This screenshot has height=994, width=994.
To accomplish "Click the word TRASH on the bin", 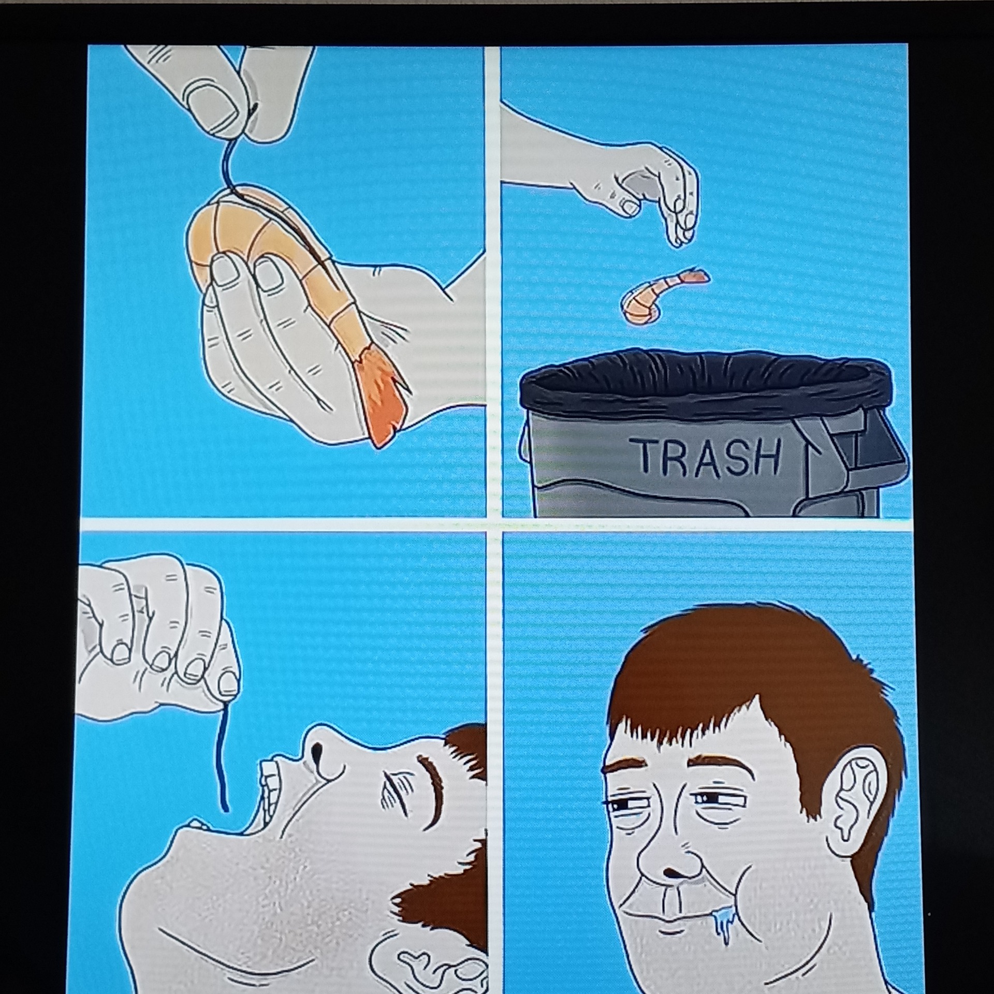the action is click(708, 457).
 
